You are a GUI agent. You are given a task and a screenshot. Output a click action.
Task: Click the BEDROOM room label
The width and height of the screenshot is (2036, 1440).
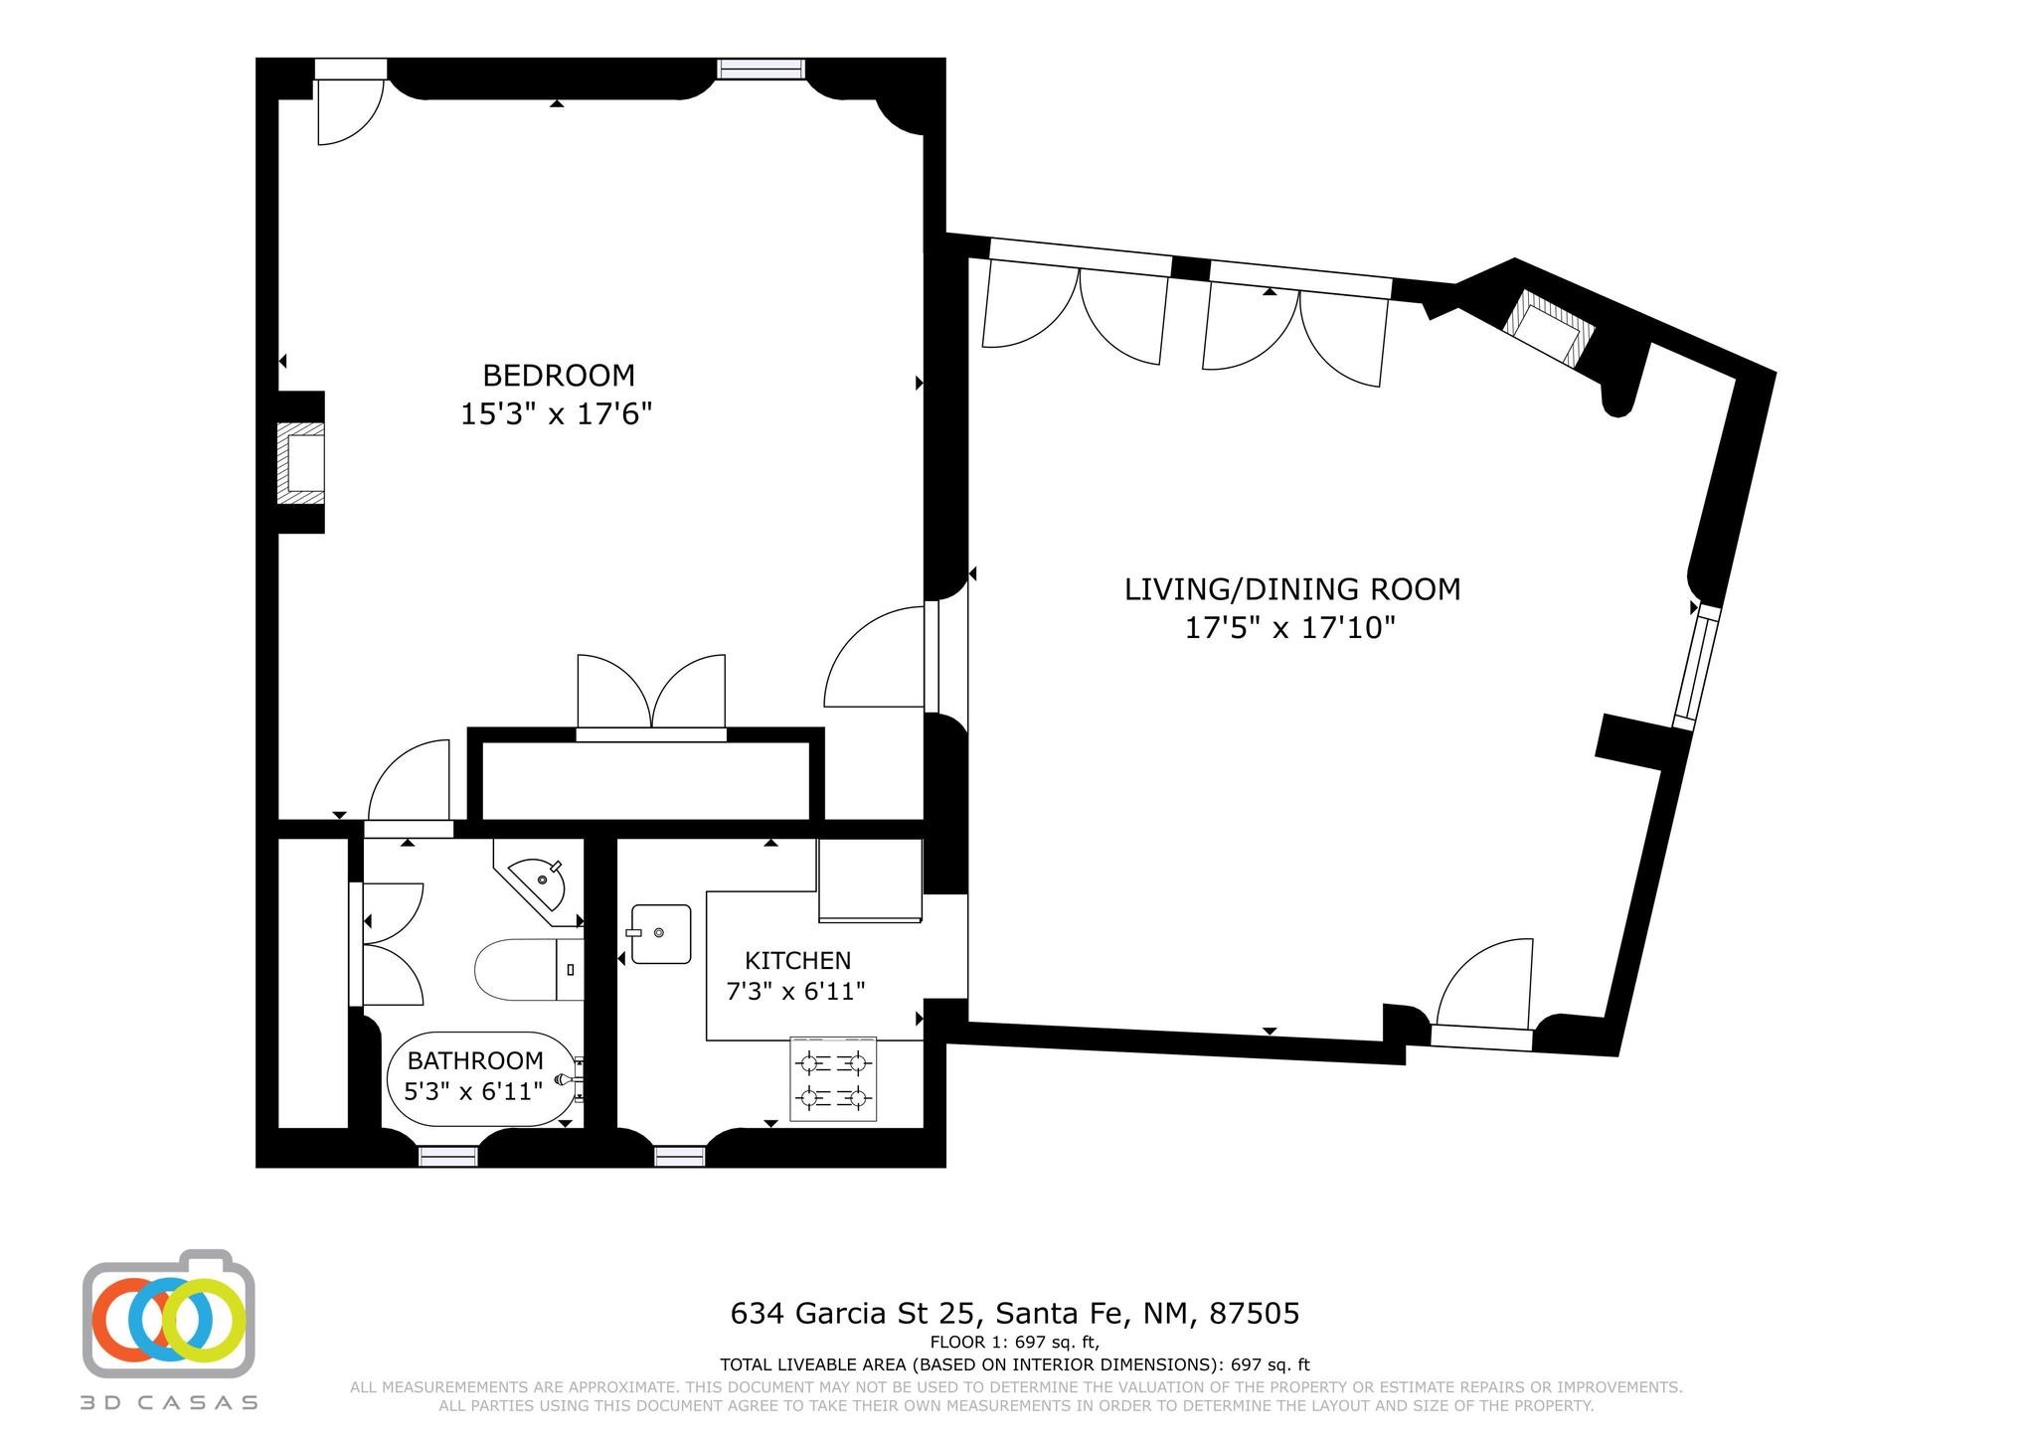[558, 376]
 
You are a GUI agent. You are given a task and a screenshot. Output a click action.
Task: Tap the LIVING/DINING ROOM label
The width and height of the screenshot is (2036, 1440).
[1292, 589]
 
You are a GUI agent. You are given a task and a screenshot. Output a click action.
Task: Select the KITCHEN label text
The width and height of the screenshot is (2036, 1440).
[798, 961]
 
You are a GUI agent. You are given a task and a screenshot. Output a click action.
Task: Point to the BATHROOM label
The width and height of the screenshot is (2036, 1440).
[475, 1060]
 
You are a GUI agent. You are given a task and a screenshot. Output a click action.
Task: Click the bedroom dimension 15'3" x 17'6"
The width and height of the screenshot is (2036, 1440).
[556, 413]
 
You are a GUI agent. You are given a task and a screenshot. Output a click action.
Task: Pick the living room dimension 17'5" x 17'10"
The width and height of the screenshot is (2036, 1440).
[1290, 628]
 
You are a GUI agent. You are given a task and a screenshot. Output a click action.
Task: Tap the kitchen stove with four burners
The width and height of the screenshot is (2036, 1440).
[834, 1080]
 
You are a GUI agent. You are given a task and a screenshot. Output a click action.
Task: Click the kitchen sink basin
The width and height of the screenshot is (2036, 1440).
[660, 933]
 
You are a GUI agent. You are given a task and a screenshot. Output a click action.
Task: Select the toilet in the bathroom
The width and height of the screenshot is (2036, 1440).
[528, 969]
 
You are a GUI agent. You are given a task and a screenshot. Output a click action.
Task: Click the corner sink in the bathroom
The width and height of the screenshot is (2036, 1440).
[539, 881]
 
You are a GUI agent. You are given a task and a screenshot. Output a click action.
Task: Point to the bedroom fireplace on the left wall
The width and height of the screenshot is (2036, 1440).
[300, 462]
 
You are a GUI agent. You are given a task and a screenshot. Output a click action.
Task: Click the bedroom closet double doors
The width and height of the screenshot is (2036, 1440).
[651, 695]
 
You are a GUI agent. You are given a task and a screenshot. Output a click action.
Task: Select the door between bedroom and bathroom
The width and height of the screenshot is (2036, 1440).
[409, 785]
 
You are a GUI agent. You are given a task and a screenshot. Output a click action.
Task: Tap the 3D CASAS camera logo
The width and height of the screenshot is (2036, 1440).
[168, 1313]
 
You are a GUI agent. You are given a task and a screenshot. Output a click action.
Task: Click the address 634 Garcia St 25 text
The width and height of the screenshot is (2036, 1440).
[857, 1314]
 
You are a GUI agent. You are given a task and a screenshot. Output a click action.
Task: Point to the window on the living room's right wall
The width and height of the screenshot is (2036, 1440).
[1696, 667]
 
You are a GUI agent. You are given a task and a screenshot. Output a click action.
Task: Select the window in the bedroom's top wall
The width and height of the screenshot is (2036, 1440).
[762, 69]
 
